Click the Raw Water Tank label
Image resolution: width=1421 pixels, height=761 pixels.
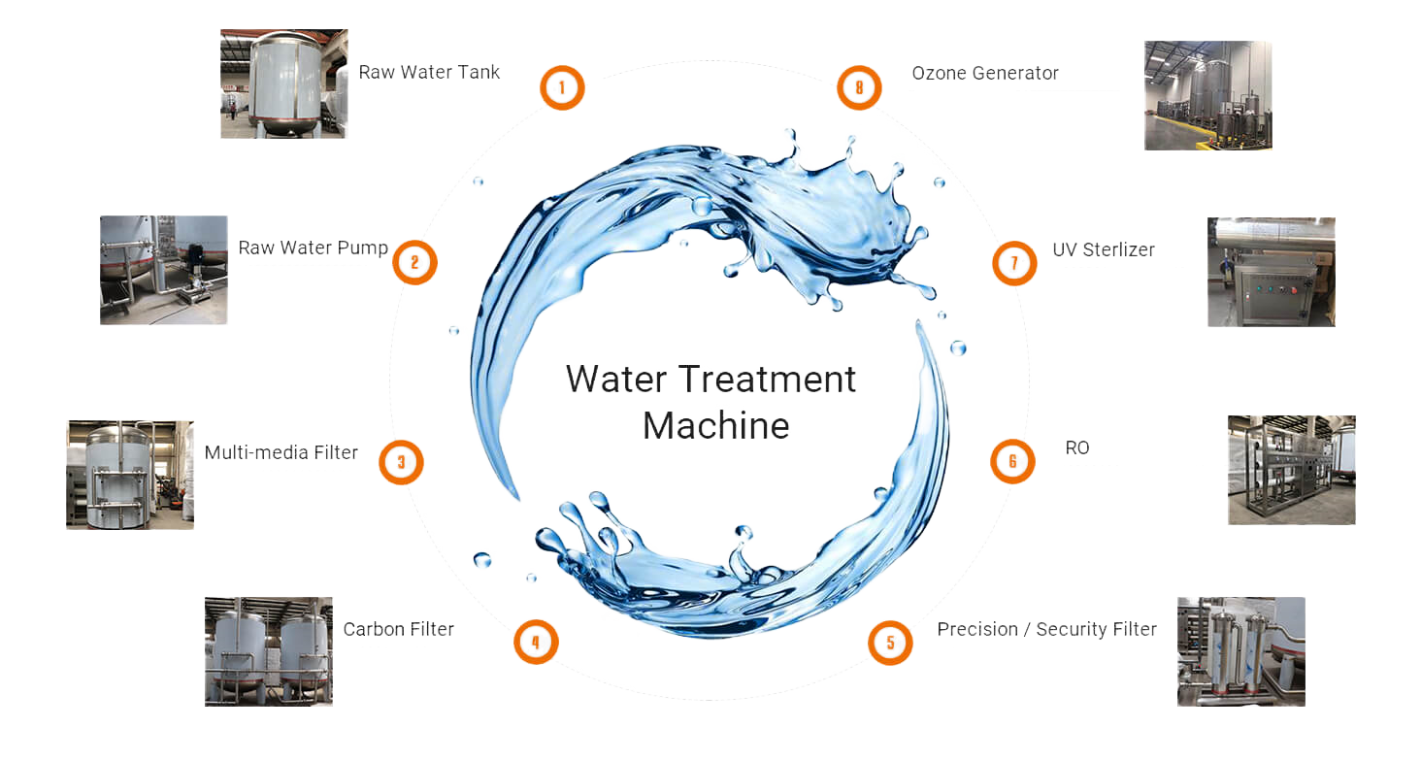(429, 72)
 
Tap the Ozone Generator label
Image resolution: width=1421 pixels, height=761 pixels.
(985, 74)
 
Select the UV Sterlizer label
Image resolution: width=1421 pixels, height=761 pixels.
(1104, 249)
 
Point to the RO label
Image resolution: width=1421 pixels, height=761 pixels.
(1077, 447)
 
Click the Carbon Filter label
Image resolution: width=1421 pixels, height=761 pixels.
(399, 629)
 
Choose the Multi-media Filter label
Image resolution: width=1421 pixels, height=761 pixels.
(281, 452)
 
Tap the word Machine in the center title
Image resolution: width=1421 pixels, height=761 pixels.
(716, 425)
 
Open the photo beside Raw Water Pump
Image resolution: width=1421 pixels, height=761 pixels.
(164, 270)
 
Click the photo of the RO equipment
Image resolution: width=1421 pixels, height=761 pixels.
(1292, 470)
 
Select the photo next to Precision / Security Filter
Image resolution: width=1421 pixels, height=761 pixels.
(1241, 651)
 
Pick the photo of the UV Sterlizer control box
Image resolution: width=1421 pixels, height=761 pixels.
(1272, 272)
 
